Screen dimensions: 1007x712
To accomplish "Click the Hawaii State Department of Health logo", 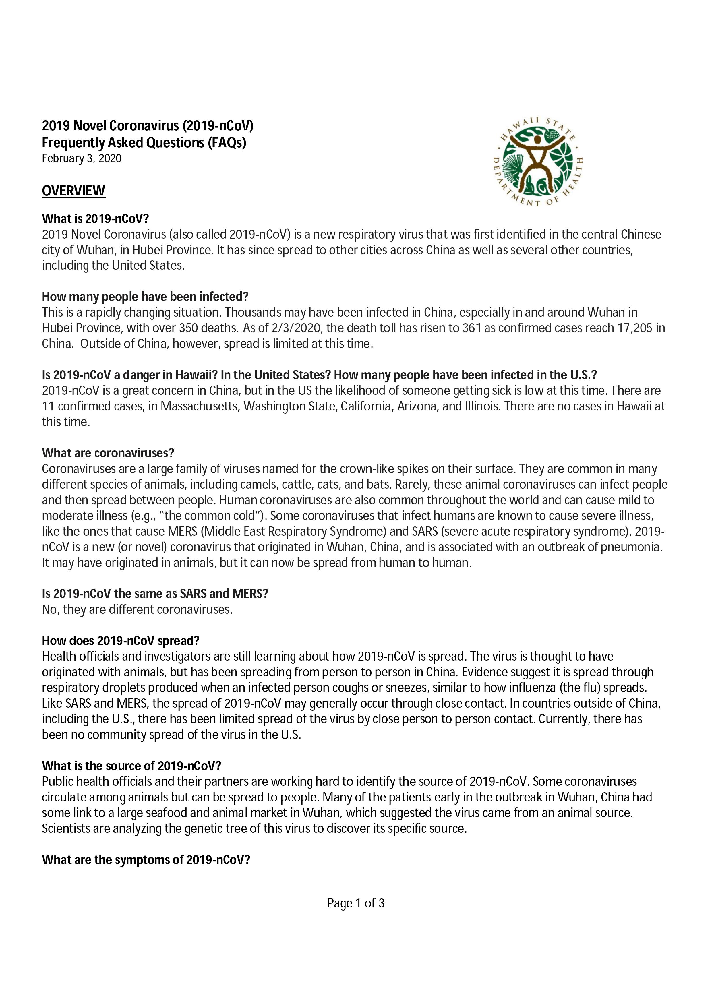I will click(x=537, y=162).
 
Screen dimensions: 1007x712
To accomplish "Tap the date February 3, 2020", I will click(x=82, y=158).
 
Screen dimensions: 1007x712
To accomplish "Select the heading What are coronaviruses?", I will click(x=108, y=453).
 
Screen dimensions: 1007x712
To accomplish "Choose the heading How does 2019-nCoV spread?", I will click(x=121, y=641).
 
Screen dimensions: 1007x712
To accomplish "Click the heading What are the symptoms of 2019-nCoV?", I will click(x=146, y=860).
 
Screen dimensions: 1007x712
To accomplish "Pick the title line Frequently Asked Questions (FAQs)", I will click(x=144, y=143).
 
